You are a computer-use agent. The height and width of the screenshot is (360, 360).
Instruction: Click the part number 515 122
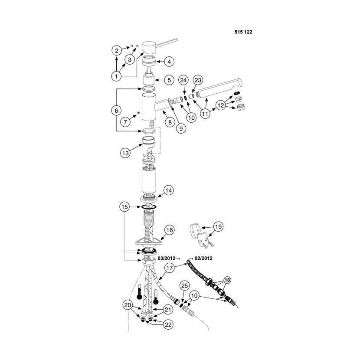pyautogui.click(x=243, y=32)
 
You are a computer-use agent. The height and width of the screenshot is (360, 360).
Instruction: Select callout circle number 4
pyautogui.click(x=169, y=62)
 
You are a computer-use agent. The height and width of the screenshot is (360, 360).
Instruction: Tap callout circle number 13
pyautogui.click(x=125, y=153)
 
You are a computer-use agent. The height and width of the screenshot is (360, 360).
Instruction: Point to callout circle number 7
pyautogui.click(x=125, y=122)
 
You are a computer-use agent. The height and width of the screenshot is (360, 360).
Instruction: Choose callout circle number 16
pyautogui.click(x=170, y=230)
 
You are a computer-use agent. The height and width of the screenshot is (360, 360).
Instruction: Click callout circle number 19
pyautogui.click(x=218, y=227)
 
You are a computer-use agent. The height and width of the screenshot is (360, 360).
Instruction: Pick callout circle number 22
pyautogui.click(x=168, y=324)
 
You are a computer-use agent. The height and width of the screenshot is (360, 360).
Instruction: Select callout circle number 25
pyautogui.click(x=185, y=286)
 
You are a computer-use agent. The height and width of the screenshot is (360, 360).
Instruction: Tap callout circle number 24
pyautogui.click(x=183, y=80)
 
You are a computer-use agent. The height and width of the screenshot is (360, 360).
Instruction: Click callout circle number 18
pyautogui.click(x=227, y=280)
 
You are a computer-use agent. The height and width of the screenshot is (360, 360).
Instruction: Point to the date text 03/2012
pyautogui.click(x=166, y=259)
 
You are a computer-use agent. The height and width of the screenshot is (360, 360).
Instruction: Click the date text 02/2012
pyautogui.click(x=203, y=259)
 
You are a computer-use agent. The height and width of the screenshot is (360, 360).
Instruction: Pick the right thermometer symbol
pyautogui.click(x=156, y=297)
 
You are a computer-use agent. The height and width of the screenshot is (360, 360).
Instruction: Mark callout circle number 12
pyautogui.click(x=221, y=105)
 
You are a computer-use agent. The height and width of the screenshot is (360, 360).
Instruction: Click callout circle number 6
pyautogui.click(x=116, y=111)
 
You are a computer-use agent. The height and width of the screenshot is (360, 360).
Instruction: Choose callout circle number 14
pyautogui.click(x=169, y=190)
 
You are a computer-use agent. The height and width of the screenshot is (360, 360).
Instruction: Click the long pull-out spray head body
pyautogui.click(x=219, y=88)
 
